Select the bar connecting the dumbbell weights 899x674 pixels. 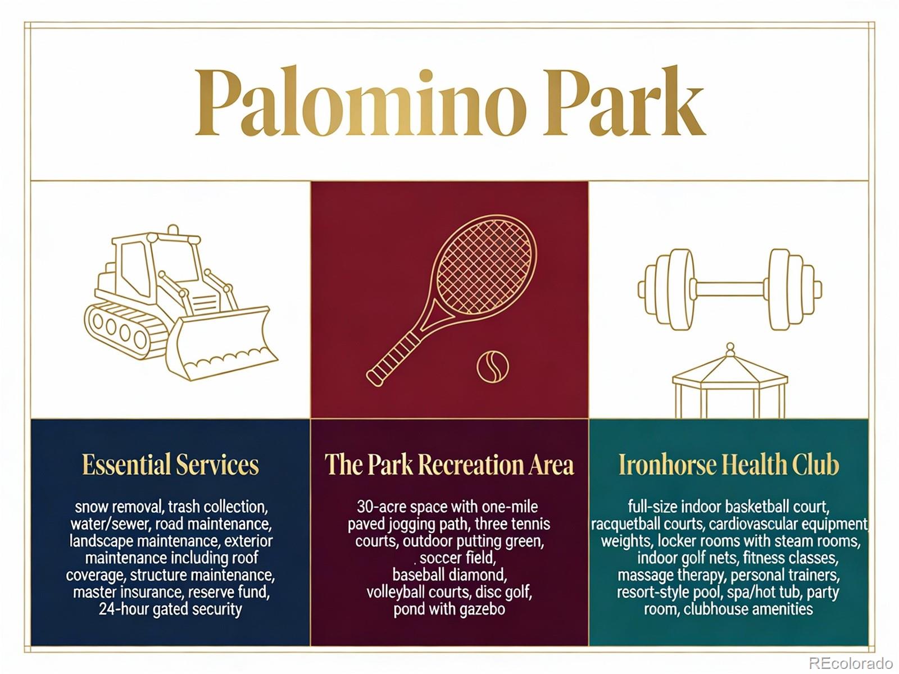(x=729, y=289)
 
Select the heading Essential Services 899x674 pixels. (x=170, y=464)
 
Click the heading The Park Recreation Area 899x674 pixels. (x=449, y=464)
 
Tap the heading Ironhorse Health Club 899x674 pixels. (x=729, y=464)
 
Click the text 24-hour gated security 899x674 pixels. (x=170, y=609)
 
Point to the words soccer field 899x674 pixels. (x=458, y=558)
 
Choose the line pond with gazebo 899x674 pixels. (x=449, y=609)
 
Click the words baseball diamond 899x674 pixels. (x=449, y=575)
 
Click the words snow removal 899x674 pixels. (x=119, y=507)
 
